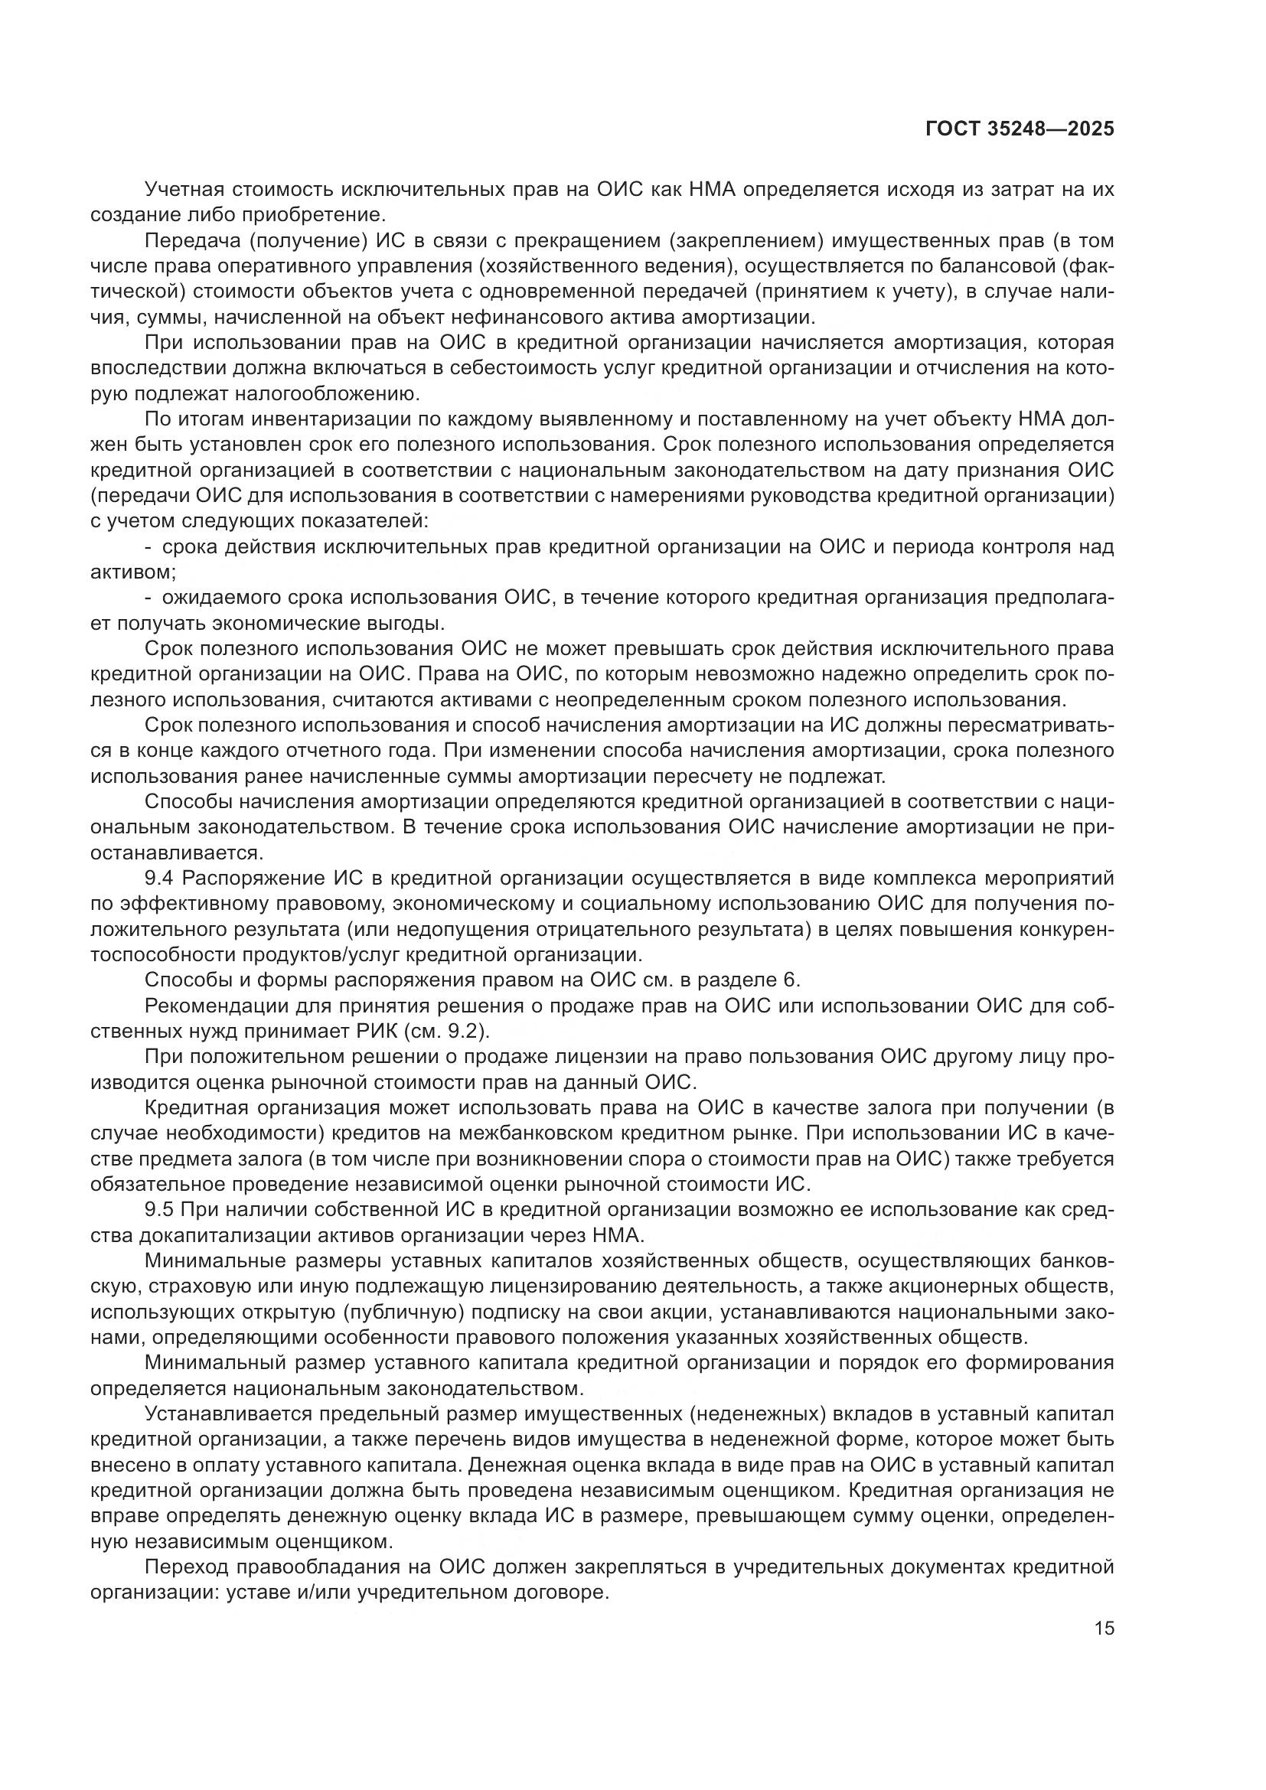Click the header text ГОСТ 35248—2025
click(x=1019, y=129)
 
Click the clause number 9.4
click(x=160, y=879)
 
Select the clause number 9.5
click(x=160, y=1209)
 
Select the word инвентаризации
click(x=321, y=419)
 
